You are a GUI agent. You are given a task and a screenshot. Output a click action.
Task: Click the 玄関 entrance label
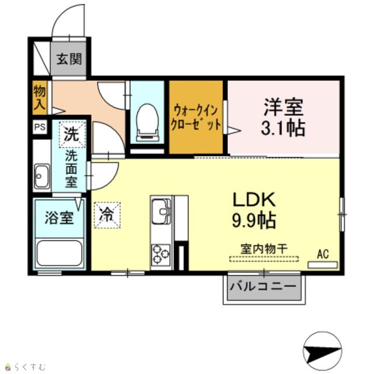point(69,59)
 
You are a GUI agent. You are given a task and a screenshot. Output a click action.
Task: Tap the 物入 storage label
point(39,98)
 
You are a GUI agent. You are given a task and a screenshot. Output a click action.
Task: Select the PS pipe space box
point(40,127)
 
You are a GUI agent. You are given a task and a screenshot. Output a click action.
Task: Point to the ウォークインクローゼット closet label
point(196,117)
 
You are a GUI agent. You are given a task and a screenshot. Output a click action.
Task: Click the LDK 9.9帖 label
point(254,210)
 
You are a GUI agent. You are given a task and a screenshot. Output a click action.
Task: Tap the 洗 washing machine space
point(72,134)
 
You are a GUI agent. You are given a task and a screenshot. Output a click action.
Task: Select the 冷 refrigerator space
point(107,215)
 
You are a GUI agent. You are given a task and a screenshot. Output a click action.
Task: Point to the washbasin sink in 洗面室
point(42,176)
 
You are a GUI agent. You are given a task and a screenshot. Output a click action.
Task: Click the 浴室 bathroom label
point(59,217)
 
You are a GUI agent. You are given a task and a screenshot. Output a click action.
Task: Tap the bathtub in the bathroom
point(60,253)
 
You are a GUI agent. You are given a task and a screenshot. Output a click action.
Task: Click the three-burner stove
point(161,254)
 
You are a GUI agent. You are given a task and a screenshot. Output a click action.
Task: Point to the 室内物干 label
point(264,249)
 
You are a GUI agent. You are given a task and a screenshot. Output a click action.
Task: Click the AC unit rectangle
point(323,265)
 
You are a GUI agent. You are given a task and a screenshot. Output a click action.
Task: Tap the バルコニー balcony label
point(264,286)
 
